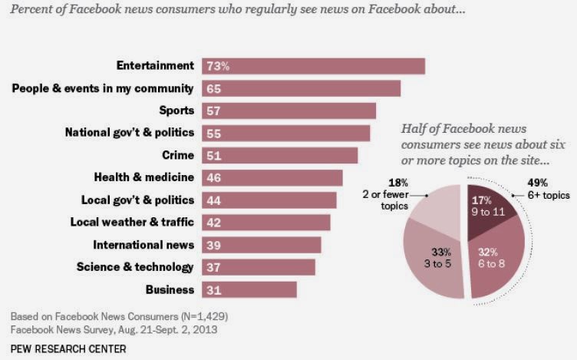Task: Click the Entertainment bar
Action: click(x=313, y=66)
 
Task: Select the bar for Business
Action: click(x=249, y=289)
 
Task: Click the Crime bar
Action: click(x=279, y=155)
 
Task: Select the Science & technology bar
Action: click(x=258, y=267)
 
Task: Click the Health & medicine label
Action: click(x=143, y=178)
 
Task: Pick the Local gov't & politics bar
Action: click(x=269, y=200)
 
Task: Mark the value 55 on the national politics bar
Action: click(x=213, y=133)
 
